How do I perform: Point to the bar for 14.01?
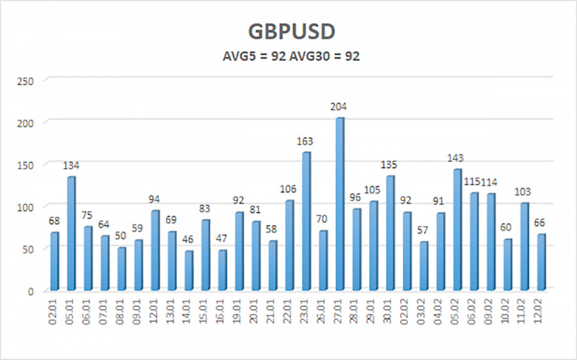tap(188, 270)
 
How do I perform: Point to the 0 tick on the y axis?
tap(31, 291)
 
